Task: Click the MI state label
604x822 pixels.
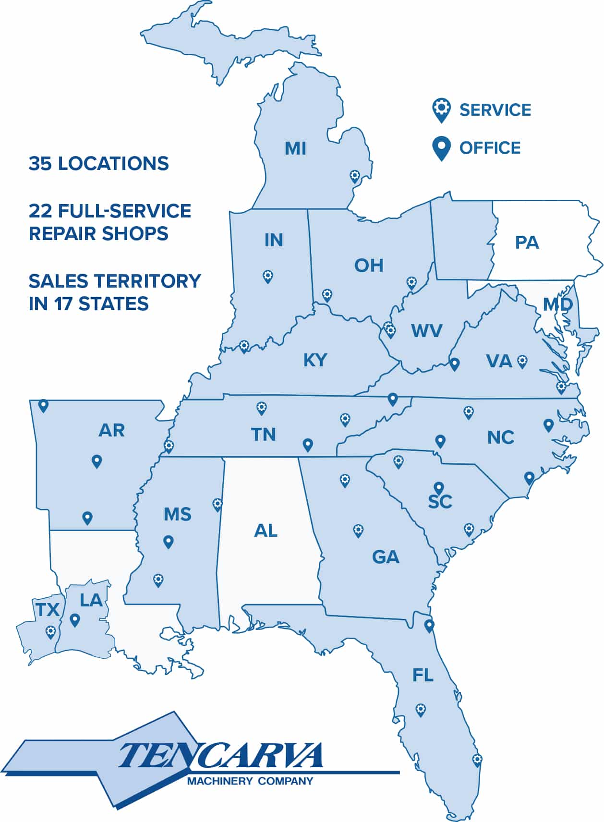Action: [x=295, y=148]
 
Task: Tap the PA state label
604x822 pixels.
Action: [x=527, y=242]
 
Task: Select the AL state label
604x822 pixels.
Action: [x=266, y=531]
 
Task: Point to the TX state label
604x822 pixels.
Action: [x=48, y=610]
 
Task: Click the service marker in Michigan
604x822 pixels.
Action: [x=355, y=177]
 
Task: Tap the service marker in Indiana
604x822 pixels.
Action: [x=268, y=276]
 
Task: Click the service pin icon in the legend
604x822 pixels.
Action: [x=441, y=110]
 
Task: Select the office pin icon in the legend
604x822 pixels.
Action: [x=441, y=148]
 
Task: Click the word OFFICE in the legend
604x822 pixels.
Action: [x=490, y=148]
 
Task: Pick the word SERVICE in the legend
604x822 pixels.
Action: [x=495, y=110]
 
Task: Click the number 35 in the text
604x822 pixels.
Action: [x=40, y=164]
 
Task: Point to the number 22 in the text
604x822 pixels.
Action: [x=40, y=211]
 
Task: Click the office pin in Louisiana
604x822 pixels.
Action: [x=74, y=620]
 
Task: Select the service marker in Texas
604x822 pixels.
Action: [x=50, y=631]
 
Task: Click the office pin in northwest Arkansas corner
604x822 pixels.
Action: [x=43, y=406]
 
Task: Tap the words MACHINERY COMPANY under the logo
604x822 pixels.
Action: [x=250, y=781]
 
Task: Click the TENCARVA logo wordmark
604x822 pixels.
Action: [x=221, y=756]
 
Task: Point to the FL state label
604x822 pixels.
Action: [x=423, y=676]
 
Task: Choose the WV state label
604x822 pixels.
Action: [x=426, y=331]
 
